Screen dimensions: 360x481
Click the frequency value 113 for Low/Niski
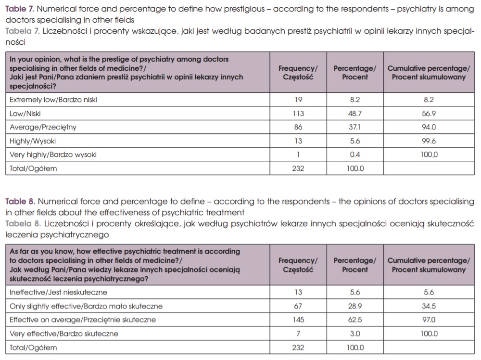point(298,114)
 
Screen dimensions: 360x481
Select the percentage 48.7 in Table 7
point(354,114)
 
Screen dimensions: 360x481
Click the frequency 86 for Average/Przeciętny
point(298,128)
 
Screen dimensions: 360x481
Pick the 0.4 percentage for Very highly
point(354,155)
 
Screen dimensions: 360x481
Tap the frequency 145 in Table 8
point(298,320)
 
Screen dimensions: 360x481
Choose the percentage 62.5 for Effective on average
point(354,320)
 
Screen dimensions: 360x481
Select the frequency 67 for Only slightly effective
point(298,306)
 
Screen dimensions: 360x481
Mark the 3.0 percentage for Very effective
point(354,334)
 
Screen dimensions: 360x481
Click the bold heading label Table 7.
point(20,9)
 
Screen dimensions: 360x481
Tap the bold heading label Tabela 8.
point(22,224)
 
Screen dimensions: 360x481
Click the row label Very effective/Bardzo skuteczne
point(64,334)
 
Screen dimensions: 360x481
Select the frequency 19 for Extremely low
point(298,100)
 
